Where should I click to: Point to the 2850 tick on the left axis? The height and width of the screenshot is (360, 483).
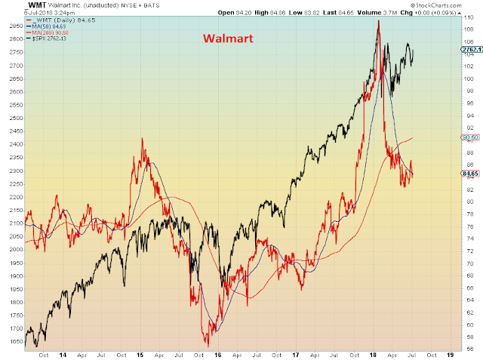pyautogui.click(x=13, y=26)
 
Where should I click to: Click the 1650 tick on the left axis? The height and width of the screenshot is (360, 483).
pyautogui.click(x=13, y=341)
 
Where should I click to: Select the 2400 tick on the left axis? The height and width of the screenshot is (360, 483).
pyautogui.click(x=13, y=144)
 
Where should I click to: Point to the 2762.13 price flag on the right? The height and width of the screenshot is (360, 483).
pyautogui.click(x=471, y=49)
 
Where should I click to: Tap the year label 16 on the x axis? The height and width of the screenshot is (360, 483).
pyautogui.click(x=217, y=354)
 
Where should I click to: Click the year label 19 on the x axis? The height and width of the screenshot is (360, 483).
pyautogui.click(x=450, y=354)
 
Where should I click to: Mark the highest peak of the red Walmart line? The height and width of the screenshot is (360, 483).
pyautogui.click(x=378, y=20)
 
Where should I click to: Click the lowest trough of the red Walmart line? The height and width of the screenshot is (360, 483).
pyautogui.click(x=206, y=343)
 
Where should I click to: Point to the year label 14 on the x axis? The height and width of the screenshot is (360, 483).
pyautogui.click(x=62, y=354)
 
